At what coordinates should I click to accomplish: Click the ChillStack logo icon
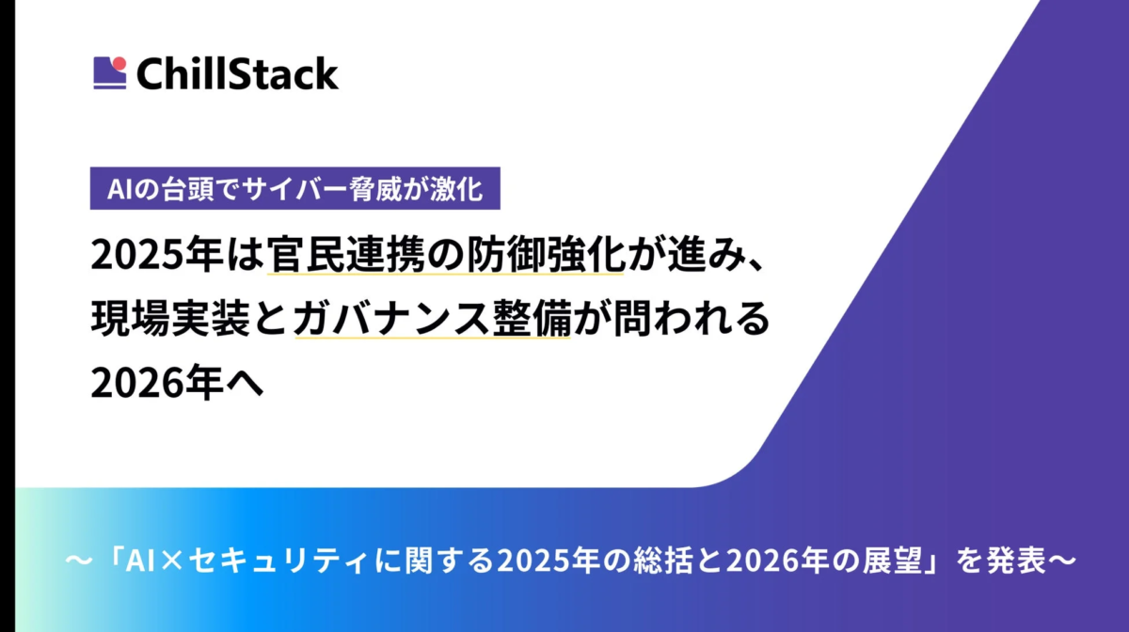[110, 73]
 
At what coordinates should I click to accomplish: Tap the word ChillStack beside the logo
[237, 73]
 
